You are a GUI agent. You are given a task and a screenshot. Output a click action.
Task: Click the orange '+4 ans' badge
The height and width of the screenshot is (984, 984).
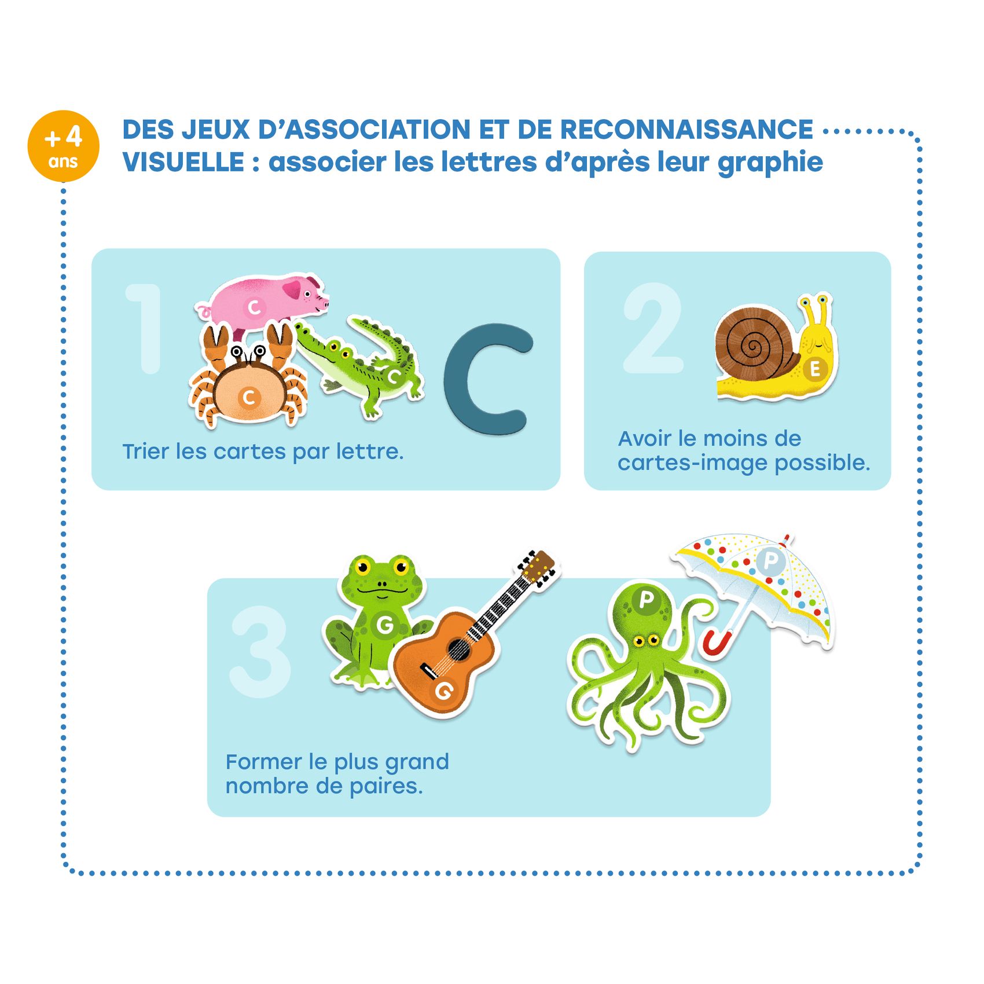click(x=64, y=146)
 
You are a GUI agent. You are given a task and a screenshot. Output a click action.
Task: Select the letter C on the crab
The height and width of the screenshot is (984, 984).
click(x=249, y=398)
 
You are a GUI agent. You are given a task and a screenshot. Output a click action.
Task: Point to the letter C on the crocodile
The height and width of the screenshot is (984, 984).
click(x=395, y=377)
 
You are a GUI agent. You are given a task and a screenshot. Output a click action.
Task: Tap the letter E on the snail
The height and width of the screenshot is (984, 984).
click(x=815, y=369)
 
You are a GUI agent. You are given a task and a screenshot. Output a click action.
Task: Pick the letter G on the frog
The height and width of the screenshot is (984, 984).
click(x=384, y=624)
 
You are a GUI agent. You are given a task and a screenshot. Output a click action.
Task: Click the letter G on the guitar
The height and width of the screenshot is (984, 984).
click(x=444, y=690)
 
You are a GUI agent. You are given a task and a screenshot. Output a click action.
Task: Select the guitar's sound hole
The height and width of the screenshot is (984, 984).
click(x=458, y=649)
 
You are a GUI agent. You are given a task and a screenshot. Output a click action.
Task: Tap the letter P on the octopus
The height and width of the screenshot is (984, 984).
click(x=646, y=600)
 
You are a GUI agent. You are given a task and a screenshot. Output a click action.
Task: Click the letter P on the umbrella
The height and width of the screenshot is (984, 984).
click(x=770, y=560)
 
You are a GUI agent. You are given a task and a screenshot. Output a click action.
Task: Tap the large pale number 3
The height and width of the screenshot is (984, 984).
click(x=260, y=651)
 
